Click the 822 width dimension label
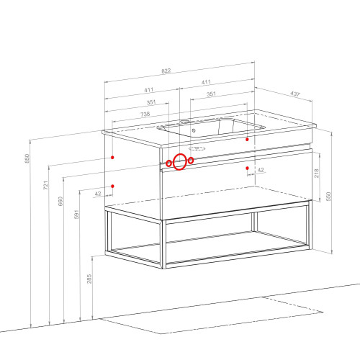click(166, 71)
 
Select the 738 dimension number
click(145, 114)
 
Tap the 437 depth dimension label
click(295, 94)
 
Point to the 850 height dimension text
click(27, 158)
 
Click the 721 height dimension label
click(45, 185)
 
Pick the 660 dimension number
click(60, 201)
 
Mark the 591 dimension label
click(76, 215)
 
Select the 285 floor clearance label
click(89, 279)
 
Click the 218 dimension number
click(317, 173)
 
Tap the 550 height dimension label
click(328, 197)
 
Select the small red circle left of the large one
click(169, 163)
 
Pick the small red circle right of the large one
click(191, 161)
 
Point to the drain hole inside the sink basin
click(194, 130)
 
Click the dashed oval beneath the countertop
click(197, 149)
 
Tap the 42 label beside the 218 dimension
click(261, 170)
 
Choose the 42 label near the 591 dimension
click(98, 194)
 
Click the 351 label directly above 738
click(151, 102)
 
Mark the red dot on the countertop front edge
click(247, 139)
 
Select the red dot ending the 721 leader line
click(112, 158)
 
